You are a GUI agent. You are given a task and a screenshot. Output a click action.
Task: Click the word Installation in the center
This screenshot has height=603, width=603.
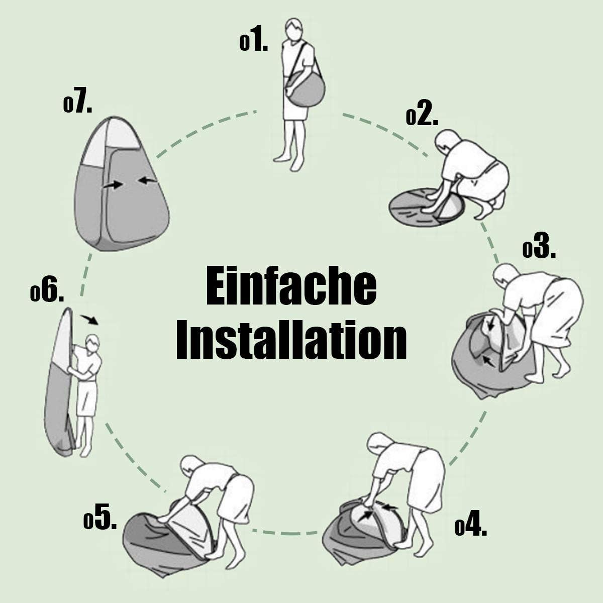pos(291,341)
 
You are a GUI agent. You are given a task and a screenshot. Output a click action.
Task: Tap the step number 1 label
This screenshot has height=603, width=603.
pos(254,42)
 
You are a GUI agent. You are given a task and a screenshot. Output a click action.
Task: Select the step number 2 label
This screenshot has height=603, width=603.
pos(422,117)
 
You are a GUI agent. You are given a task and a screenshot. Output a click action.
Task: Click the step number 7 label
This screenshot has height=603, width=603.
pos(77,104)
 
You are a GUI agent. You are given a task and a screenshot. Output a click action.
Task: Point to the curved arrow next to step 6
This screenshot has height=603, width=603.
pos(89,320)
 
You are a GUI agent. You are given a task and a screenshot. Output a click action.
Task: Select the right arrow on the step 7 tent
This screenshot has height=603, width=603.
pos(147,180)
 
